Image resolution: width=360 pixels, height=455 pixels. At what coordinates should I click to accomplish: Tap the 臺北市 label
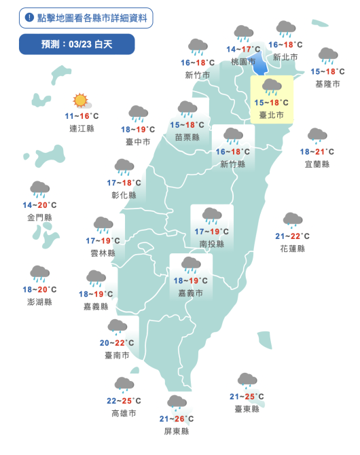tap(272, 115)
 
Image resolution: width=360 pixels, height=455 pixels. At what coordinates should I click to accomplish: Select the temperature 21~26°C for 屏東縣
tap(177, 419)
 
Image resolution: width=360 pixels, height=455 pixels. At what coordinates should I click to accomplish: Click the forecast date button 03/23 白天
tap(77, 44)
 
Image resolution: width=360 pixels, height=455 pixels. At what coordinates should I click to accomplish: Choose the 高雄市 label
tap(124, 413)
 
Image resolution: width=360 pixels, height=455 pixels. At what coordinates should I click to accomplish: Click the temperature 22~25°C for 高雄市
tap(124, 401)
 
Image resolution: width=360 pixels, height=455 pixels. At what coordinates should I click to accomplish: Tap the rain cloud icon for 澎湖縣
tap(39, 274)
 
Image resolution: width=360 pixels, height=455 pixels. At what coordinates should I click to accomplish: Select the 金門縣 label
tap(39, 217)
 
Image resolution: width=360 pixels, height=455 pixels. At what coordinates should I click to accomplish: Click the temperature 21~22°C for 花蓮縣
tap(293, 236)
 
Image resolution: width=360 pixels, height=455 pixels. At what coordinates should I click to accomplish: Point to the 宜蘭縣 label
tap(317, 164)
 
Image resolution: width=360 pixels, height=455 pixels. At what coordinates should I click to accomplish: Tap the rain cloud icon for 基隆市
tap(329, 56)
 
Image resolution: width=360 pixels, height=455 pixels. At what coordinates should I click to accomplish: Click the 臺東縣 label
tap(247, 409)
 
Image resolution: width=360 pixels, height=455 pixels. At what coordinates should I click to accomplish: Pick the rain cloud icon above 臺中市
tap(139, 113)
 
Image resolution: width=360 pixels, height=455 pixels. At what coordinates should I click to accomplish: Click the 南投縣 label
tap(212, 244)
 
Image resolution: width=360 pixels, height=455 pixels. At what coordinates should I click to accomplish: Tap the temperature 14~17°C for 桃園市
tap(244, 50)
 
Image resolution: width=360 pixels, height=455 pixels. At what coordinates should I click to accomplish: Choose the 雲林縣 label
tap(103, 253)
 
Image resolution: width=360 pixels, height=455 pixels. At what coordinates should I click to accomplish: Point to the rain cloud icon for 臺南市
tap(117, 327)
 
